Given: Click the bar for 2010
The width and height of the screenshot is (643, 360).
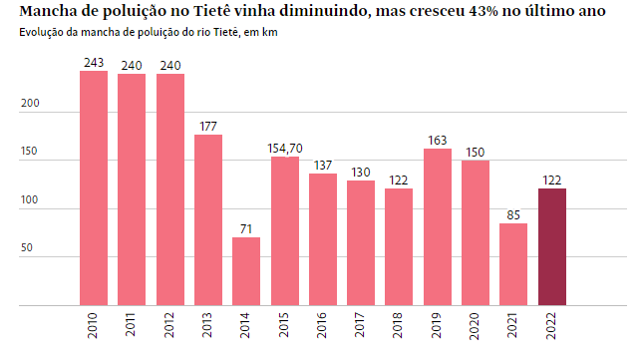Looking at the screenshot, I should (x=94, y=187).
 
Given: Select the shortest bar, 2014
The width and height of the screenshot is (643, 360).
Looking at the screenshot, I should (x=246, y=270).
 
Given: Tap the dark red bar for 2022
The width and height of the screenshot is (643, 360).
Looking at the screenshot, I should (x=552, y=246).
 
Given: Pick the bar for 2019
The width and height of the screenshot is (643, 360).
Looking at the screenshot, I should (x=438, y=226).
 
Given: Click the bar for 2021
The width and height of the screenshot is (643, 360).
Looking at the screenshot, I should (x=513, y=264).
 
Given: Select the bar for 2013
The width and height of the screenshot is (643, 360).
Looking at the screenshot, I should (x=208, y=219).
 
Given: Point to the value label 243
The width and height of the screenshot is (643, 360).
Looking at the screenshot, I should (x=94, y=63).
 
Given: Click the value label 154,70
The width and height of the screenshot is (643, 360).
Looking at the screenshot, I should (x=285, y=149).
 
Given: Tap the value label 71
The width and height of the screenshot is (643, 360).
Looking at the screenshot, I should (x=246, y=229).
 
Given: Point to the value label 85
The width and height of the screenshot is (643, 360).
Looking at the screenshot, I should (x=513, y=215).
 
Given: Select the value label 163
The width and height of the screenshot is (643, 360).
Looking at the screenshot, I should (x=438, y=141).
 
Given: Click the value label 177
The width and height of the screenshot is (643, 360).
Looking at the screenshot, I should (x=208, y=127).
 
